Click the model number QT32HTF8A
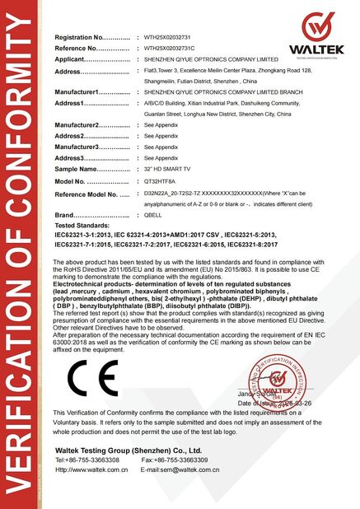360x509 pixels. pyautogui.click(x=159, y=180)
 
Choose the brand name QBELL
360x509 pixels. pyautogui.click(x=153, y=215)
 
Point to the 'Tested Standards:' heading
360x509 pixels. pyautogui.click(x=82, y=225)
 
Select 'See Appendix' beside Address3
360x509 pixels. pyautogui.click(x=161, y=156)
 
